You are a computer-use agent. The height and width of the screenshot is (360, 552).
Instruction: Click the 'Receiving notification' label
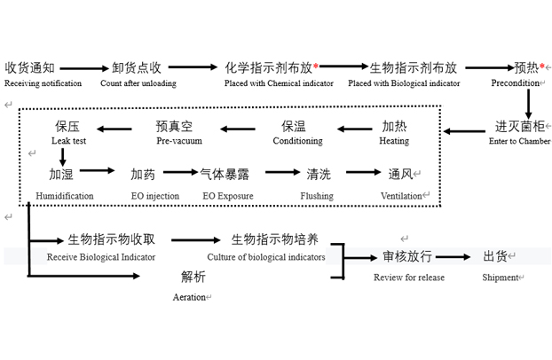pyautogui.click(x=43, y=83)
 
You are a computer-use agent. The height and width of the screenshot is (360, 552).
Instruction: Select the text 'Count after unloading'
pyautogui.click(x=138, y=83)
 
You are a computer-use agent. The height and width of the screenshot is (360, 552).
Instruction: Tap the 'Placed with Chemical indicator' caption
pyautogui.click(x=279, y=83)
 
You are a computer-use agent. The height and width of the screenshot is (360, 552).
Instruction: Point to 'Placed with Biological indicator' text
pyautogui.click(x=404, y=83)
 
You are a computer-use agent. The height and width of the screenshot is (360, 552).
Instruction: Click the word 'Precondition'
pyautogui.click(x=516, y=83)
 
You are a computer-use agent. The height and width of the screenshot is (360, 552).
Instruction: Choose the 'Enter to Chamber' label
pyautogui.click(x=520, y=141)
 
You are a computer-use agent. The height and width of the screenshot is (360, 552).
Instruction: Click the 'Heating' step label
pyautogui.click(x=394, y=141)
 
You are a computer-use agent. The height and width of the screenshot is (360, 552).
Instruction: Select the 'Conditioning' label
pyautogui.click(x=297, y=141)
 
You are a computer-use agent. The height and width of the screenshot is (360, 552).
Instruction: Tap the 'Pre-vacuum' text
pyautogui.click(x=179, y=141)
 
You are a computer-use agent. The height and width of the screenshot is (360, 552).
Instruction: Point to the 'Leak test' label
pyautogui.click(x=68, y=141)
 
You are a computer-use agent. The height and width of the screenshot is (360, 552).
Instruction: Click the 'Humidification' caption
pyautogui.click(x=65, y=196)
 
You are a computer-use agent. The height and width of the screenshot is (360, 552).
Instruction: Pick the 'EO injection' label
pyautogui.click(x=155, y=196)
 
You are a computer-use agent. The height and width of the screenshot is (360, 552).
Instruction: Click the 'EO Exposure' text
pyautogui.click(x=228, y=196)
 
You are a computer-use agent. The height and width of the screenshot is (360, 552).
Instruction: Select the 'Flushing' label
pyautogui.click(x=317, y=196)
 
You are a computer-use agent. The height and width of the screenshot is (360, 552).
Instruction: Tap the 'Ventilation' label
pyautogui.click(x=401, y=196)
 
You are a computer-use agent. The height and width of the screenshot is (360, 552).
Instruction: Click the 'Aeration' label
pyautogui.click(x=189, y=297)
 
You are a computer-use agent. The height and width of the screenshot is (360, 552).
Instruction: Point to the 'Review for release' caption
pyautogui.click(x=409, y=278)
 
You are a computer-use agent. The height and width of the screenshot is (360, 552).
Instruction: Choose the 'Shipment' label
pyautogui.click(x=501, y=278)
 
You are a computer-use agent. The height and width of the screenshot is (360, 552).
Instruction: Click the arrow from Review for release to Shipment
pyautogui.click(x=453, y=257)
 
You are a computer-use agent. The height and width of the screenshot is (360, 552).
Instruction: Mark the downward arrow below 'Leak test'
pyautogui.click(x=63, y=157)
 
